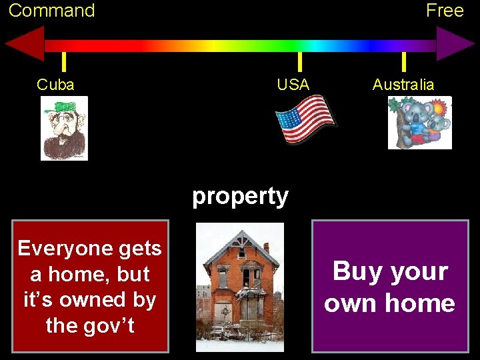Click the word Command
pos(52,11)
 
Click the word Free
pos(445,11)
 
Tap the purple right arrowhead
pos(455,45)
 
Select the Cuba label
pos(55,85)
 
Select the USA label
pos(293,85)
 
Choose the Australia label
pos(403,85)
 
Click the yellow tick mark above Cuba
pos(63,61)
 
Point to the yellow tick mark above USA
pos(299,61)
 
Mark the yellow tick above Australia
pos(403,61)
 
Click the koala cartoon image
pos(420,123)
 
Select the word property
pos(240,196)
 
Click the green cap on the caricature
pos(66,107)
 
